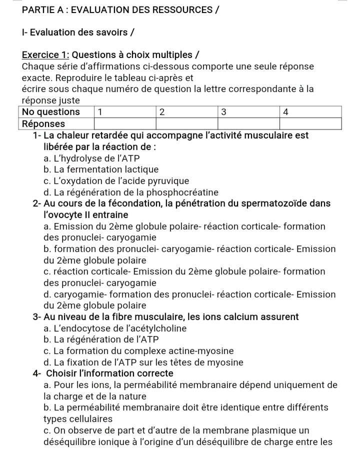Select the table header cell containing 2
187,112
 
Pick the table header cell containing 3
249,112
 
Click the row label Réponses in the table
44,123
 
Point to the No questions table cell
51,112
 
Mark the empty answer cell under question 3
249,123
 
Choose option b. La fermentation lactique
101,170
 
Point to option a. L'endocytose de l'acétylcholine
115,328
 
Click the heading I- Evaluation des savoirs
78,32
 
